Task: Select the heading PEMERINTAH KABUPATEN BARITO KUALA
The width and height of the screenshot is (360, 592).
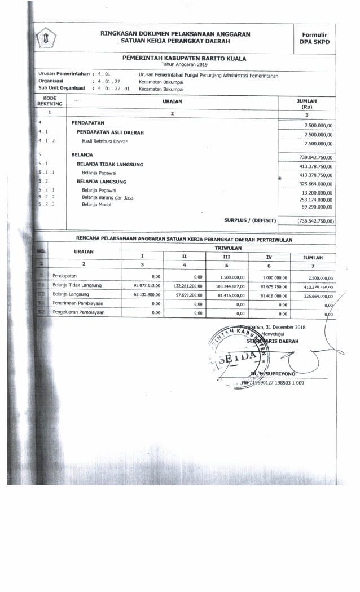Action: (x=184, y=58)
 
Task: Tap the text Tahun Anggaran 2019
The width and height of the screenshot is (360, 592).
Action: (x=184, y=64)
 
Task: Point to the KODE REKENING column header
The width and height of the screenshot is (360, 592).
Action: (x=50, y=101)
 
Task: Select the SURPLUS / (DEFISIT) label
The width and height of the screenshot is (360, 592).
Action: (x=250, y=220)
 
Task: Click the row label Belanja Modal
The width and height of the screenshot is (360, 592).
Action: (x=96, y=205)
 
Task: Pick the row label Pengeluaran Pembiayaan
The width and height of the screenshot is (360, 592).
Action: (x=78, y=312)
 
